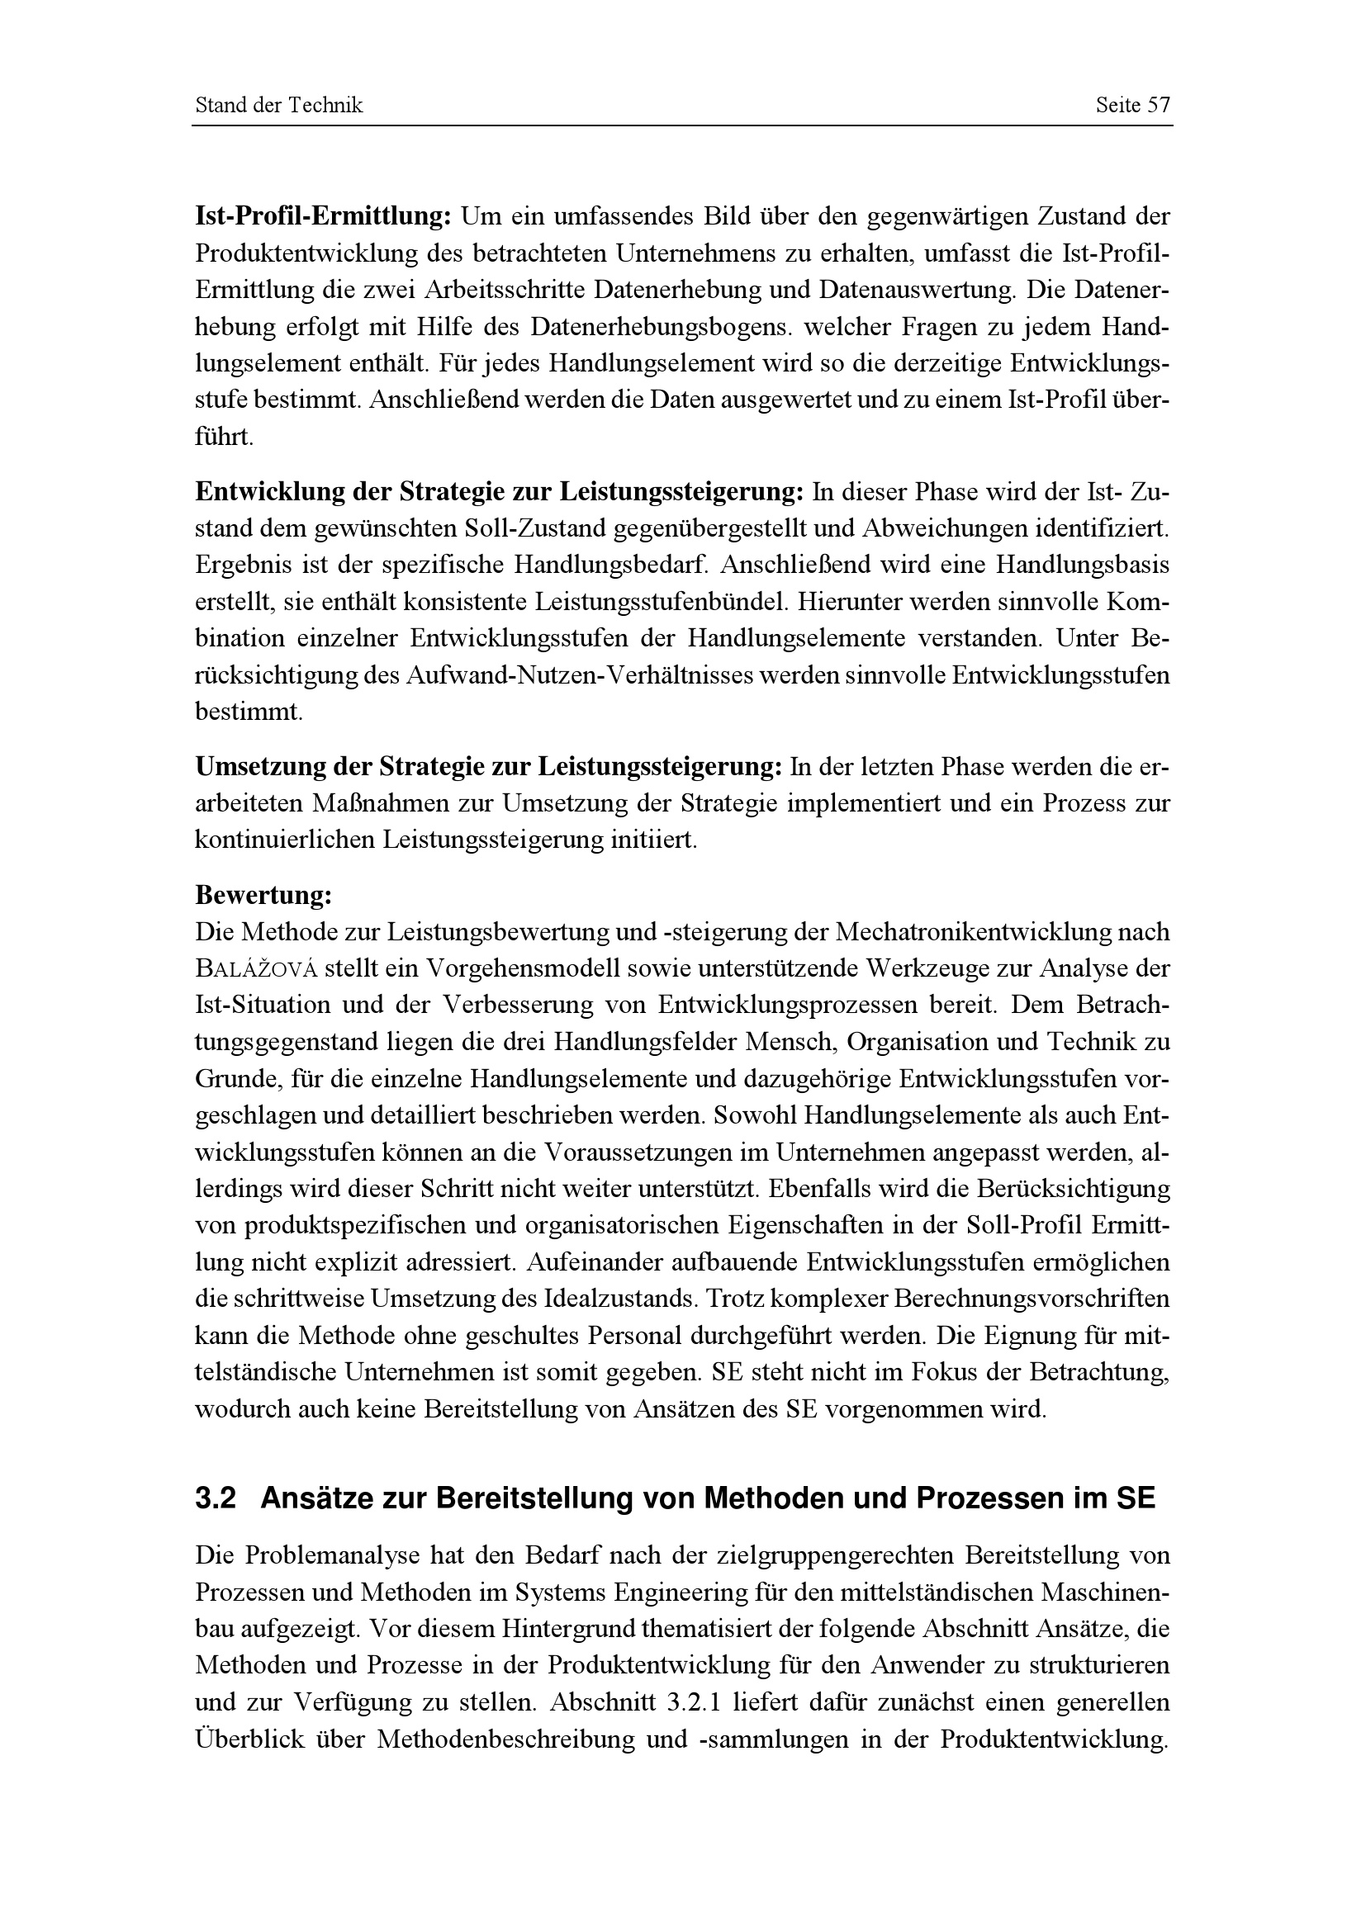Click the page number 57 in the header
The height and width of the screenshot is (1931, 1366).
[x=1159, y=105]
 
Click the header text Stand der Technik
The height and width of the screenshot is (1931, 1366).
[x=278, y=105]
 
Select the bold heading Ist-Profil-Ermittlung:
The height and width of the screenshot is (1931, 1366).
[x=324, y=217]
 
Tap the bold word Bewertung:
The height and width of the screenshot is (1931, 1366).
[x=263, y=895]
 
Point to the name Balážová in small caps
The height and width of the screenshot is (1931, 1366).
[x=256, y=969]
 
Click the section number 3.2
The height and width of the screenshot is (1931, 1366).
[x=216, y=1498]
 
